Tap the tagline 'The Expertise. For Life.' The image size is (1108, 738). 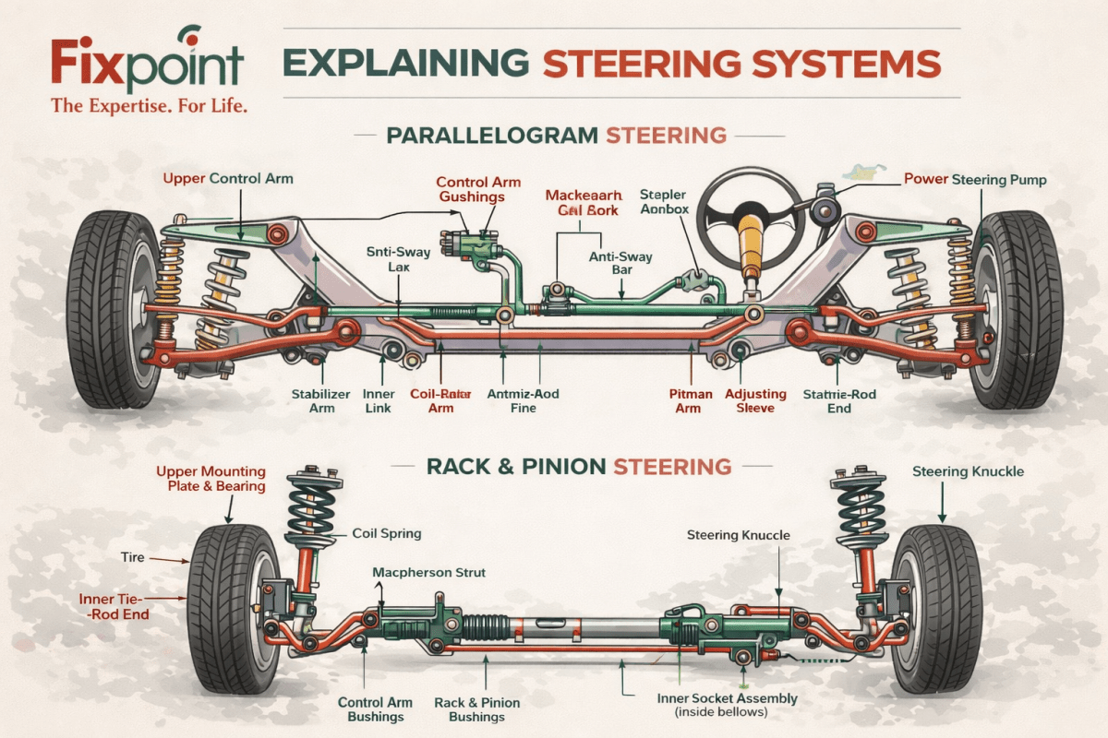coord(150,106)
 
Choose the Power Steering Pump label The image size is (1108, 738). coord(975,180)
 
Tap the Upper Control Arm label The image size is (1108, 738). coord(228,178)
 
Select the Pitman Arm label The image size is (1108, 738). coord(691,401)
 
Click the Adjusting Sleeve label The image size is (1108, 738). coord(755,401)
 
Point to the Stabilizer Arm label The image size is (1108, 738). coord(321,401)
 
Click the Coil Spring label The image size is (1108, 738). coord(388,533)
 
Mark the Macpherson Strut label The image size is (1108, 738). coord(428,573)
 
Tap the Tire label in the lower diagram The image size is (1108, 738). coord(132,558)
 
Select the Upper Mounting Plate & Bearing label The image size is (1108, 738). coord(211,479)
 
